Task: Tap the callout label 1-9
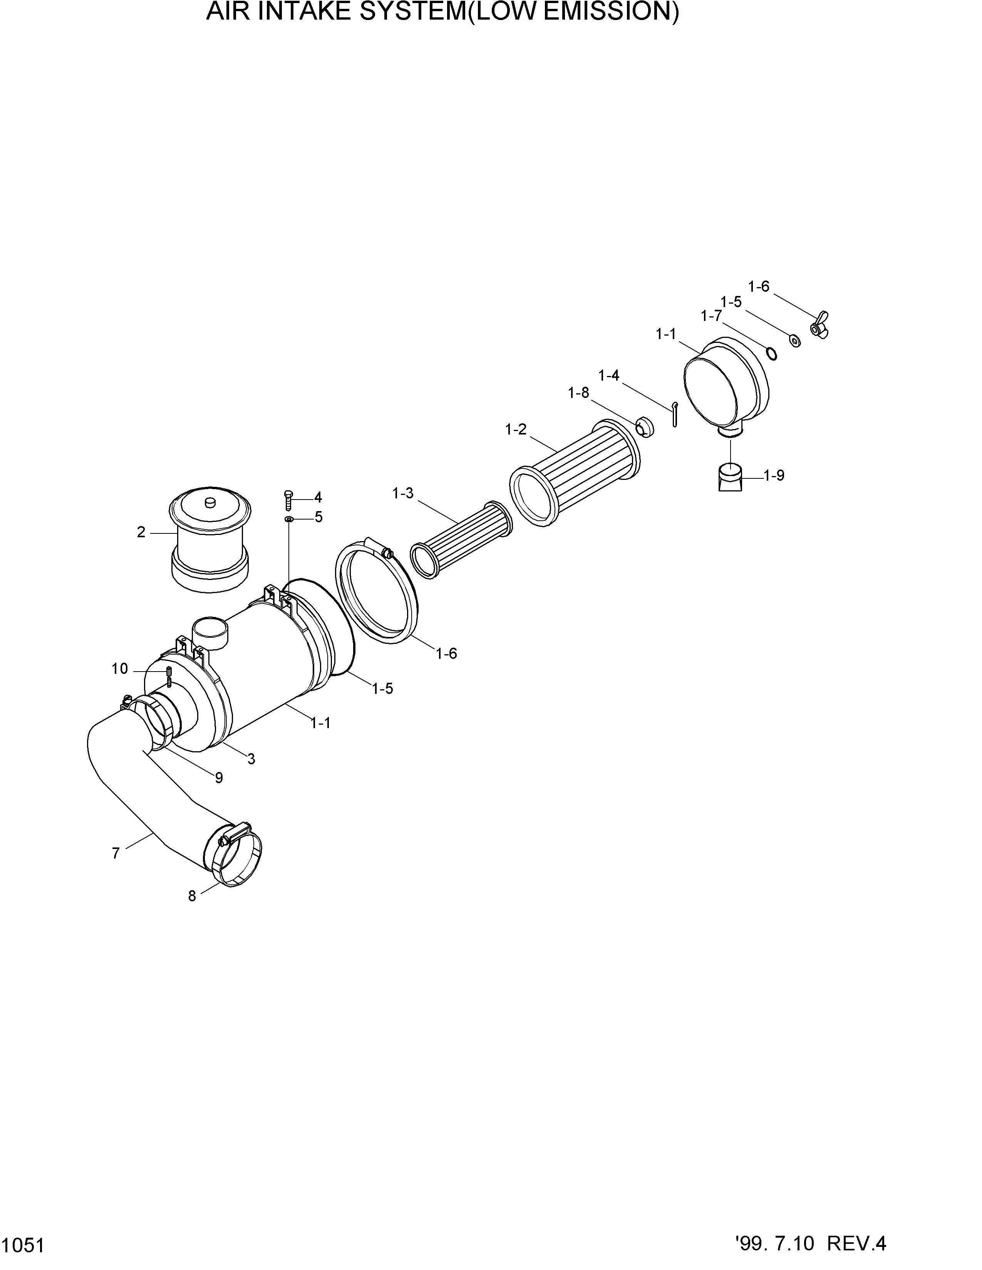774,476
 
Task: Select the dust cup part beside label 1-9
731,476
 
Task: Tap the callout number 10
120,669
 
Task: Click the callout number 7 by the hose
116,853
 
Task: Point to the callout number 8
192,896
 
